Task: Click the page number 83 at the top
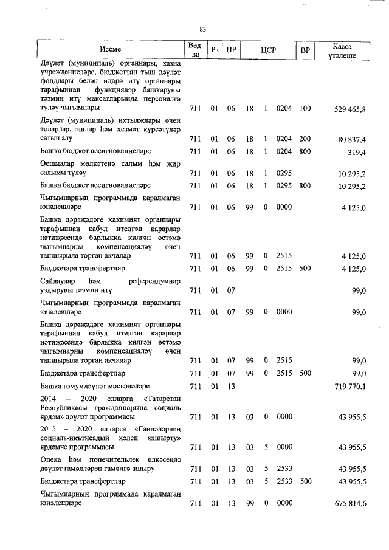[203, 29]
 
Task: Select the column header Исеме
[111, 50]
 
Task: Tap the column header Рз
[213, 50]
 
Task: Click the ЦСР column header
[268, 50]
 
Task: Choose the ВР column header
[305, 50]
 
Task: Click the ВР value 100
[305, 109]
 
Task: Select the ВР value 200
[305, 140]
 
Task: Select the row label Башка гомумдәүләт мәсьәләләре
[94, 387]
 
